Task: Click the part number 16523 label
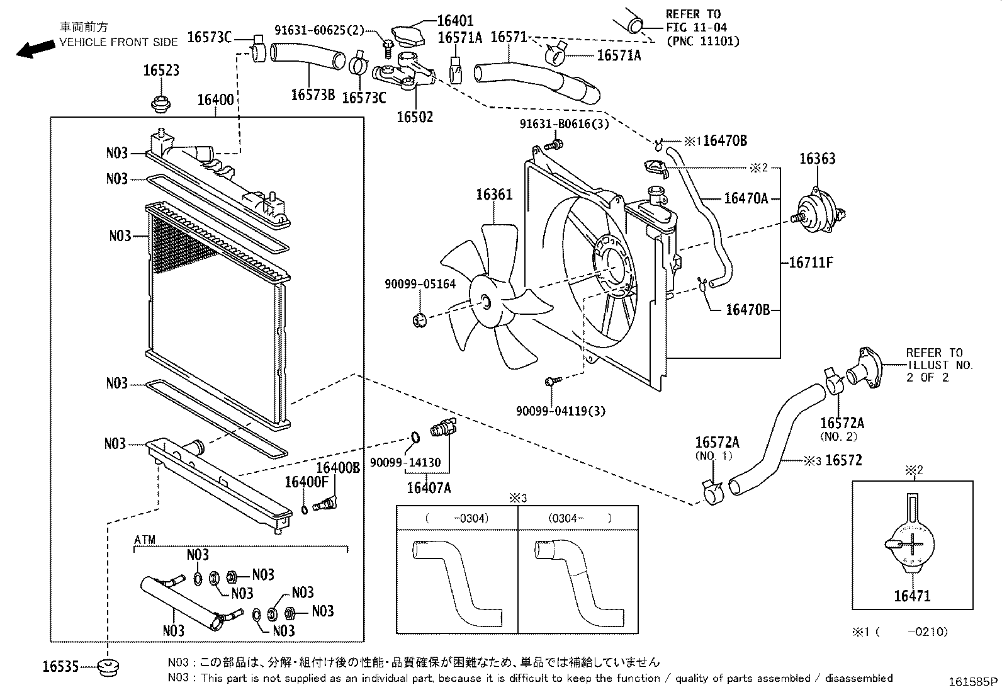click(160, 71)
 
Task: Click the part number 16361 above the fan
click(493, 194)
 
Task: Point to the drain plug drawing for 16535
click(109, 667)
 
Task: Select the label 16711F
click(811, 263)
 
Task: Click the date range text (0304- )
click(580, 518)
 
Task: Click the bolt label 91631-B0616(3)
click(564, 124)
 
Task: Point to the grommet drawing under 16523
click(162, 102)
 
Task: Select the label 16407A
click(428, 487)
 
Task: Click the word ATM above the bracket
click(145, 540)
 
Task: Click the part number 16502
click(414, 116)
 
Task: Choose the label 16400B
click(337, 467)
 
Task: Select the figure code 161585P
click(973, 681)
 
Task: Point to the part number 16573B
click(313, 95)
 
